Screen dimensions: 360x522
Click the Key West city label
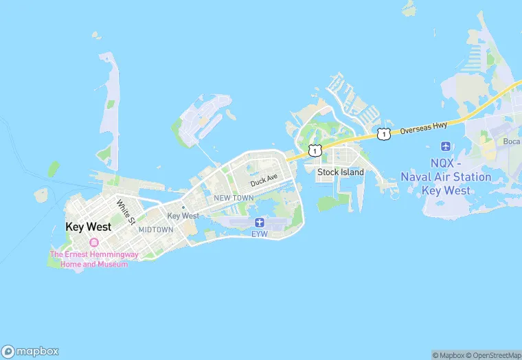(88, 227)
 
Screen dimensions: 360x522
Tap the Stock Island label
(341, 172)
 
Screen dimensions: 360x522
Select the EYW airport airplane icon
(260, 222)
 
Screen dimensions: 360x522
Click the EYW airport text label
(260, 234)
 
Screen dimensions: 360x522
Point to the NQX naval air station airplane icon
(446, 146)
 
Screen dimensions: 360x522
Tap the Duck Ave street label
(264, 181)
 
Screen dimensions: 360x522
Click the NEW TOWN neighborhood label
(234, 198)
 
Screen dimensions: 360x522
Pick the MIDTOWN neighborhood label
(156, 229)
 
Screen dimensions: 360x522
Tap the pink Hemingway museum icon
(94, 242)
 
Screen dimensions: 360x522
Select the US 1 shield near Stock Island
(315, 150)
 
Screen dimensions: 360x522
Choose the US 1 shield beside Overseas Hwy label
(384, 133)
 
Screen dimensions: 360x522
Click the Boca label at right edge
(511, 142)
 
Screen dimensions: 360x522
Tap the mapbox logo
(30, 351)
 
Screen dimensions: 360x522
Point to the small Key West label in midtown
(183, 216)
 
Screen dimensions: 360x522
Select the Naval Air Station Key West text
(446, 177)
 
